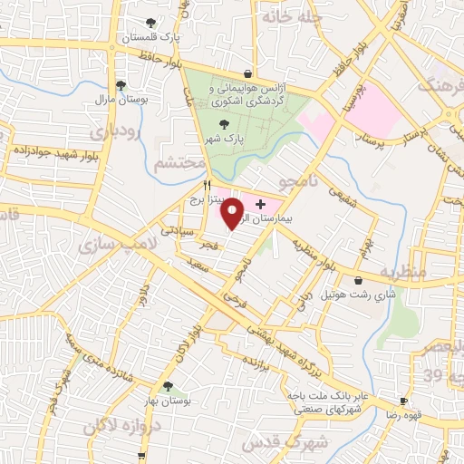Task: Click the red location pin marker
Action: pos(233,213)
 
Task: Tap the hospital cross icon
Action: pos(261,206)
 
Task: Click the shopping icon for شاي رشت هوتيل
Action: pos(361,280)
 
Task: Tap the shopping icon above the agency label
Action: pos(247,73)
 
